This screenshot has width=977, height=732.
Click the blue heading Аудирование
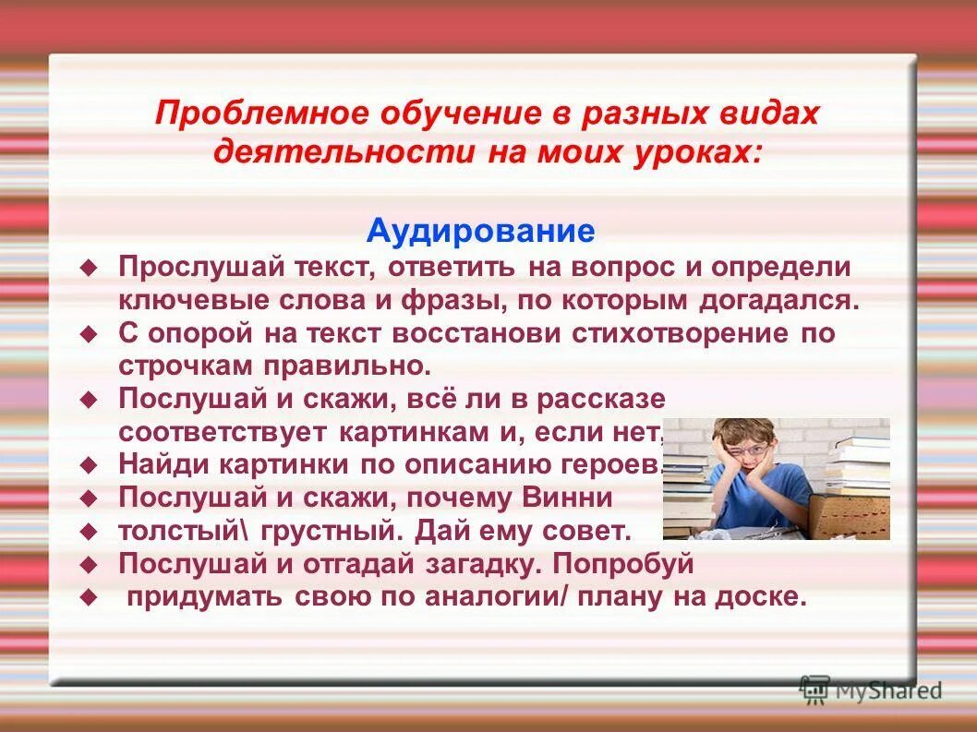(x=480, y=231)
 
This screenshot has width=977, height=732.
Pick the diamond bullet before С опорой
(x=89, y=334)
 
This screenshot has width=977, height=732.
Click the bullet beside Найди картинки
(x=89, y=463)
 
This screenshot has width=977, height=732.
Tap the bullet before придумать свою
(x=89, y=597)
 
